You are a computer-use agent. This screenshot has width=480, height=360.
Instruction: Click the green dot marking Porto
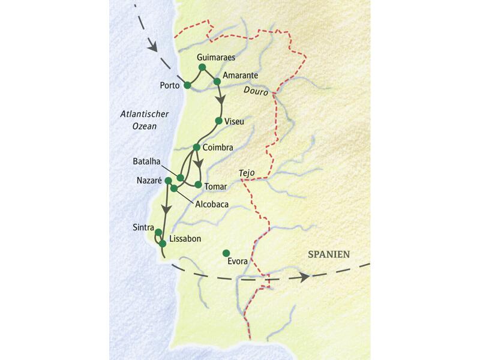pos(187,85)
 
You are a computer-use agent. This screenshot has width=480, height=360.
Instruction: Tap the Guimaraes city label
pos(215,57)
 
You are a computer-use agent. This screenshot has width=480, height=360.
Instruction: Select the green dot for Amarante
pos(217,81)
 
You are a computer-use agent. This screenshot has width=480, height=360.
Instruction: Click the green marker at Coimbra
pos(196,147)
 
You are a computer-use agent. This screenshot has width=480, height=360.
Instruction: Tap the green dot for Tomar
pos(198,184)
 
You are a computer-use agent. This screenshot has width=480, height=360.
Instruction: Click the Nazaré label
pos(149,180)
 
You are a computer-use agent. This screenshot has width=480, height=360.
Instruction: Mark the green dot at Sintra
pos(158,232)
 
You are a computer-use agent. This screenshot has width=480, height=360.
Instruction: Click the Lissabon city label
pos(185,238)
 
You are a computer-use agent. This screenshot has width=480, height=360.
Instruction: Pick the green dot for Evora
pos(226,253)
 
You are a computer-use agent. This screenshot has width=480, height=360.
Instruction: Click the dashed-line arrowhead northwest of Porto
pos(152,46)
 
